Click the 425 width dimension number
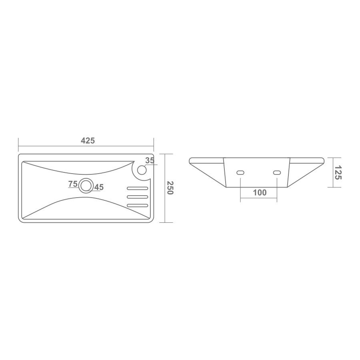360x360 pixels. [88, 140]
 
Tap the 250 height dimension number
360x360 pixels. [170, 188]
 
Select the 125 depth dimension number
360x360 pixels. [338, 173]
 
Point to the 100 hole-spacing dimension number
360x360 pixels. [260, 192]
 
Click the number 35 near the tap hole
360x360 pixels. [150, 160]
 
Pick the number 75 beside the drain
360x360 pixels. [73, 184]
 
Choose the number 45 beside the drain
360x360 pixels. [99, 187]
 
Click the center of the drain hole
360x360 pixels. [86, 186]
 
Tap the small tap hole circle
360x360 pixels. [142, 170]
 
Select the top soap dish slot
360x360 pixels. [138, 188]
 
